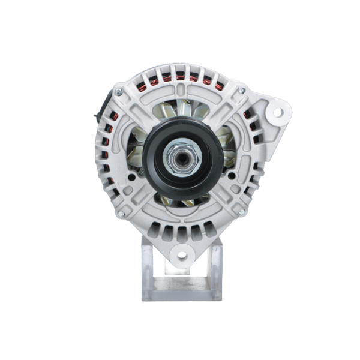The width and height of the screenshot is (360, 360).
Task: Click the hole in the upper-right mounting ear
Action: click(x=278, y=111)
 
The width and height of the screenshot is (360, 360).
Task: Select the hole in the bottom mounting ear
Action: click(x=180, y=256)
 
